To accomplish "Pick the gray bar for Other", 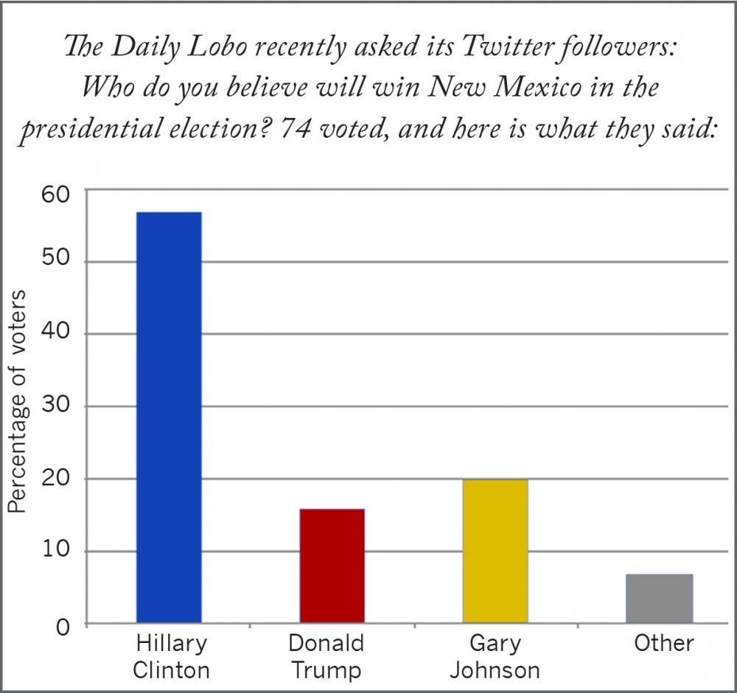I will pyautogui.click(x=659, y=598).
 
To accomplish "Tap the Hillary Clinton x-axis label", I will pyautogui.click(x=171, y=656).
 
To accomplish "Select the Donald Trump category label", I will pyautogui.click(x=326, y=656).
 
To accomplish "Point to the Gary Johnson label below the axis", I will pyautogui.click(x=495, y=656).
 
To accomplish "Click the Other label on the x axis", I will pyautogui.click(x=663, y=643).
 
